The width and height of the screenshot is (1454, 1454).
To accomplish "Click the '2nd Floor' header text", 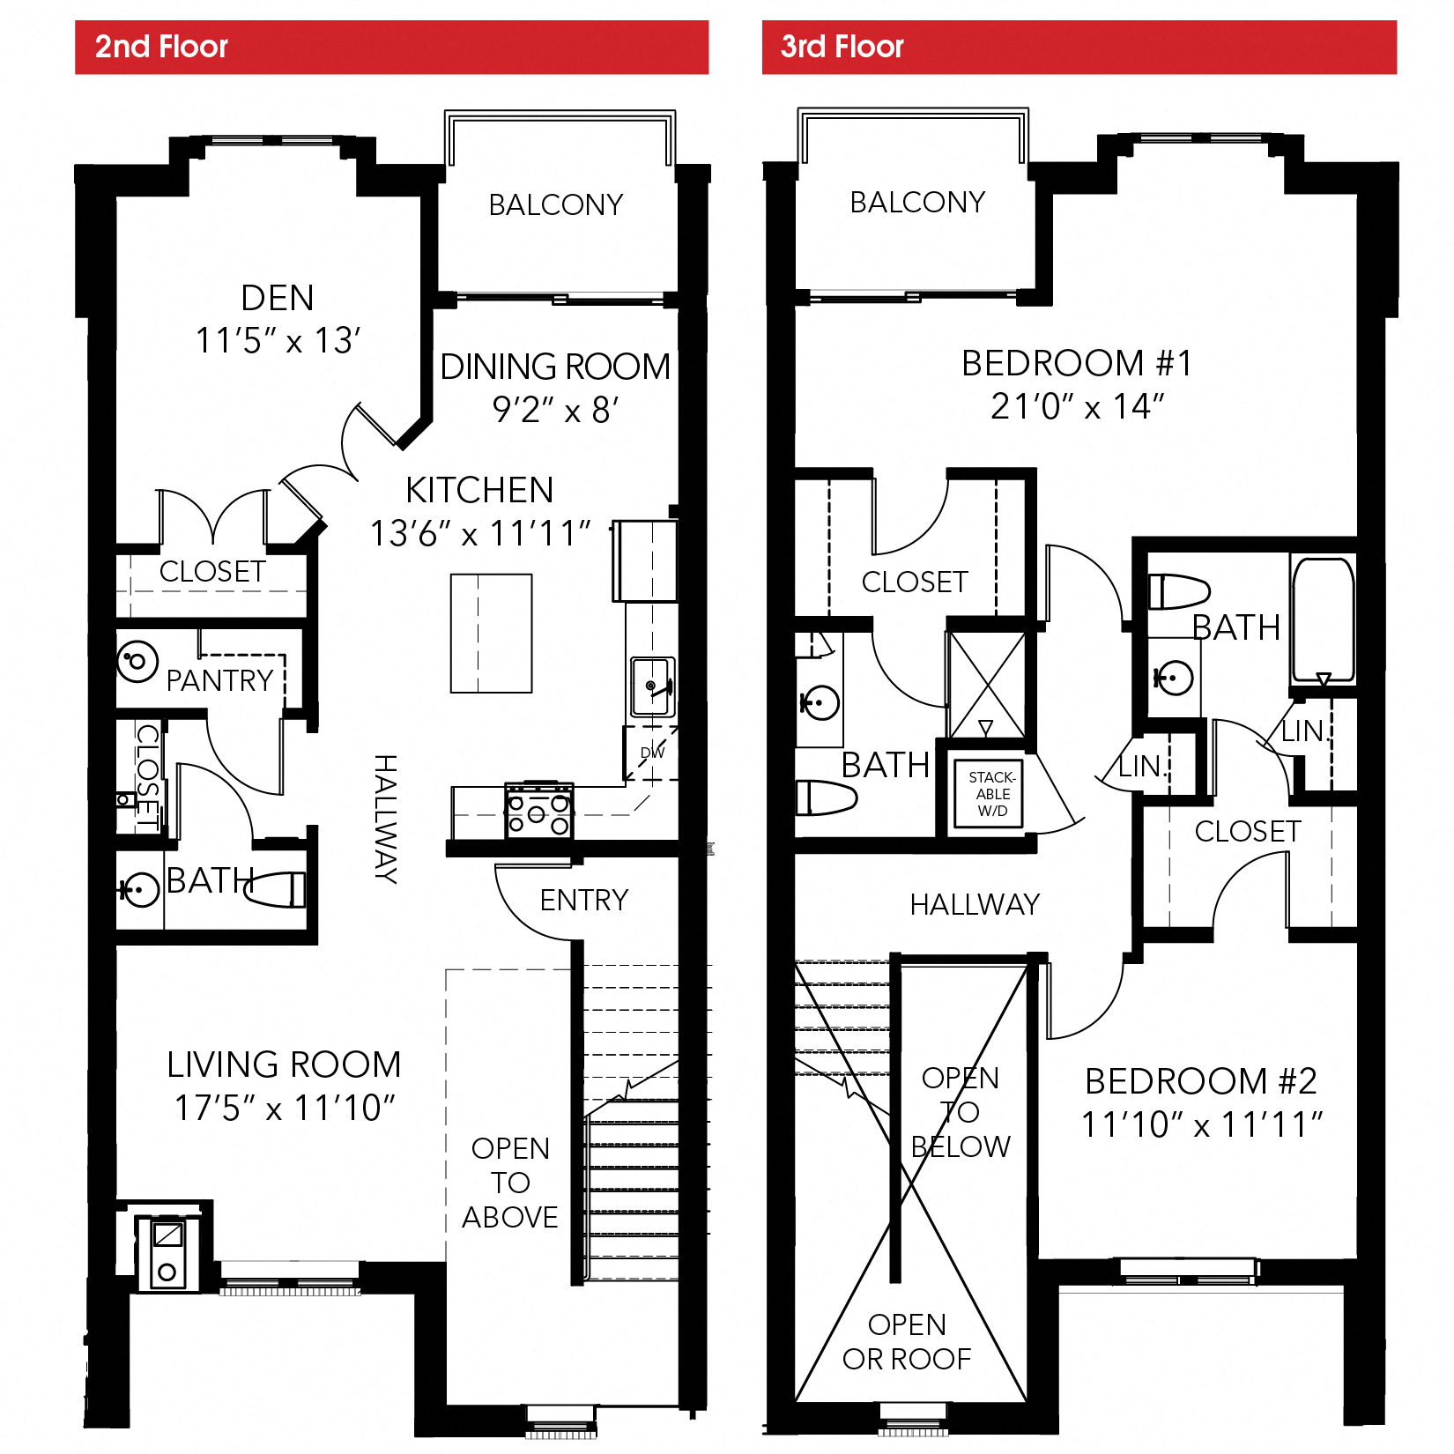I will tap(161, 47).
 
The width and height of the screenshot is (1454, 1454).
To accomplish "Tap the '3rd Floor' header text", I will tap(842, 47).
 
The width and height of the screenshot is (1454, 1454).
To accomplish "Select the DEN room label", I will tap(278, 298).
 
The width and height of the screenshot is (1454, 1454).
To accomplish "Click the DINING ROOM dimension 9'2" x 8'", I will tap(555, 410).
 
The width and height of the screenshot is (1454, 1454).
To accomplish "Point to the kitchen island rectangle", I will tap(491, 633).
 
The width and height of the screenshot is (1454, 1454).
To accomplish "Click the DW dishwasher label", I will tap(652, 753).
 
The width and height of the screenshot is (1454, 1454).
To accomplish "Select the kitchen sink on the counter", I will tap(652, 686).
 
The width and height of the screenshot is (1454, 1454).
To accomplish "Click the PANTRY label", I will tap(219, 680).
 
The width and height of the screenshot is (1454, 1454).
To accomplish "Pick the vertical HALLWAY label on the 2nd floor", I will tap(385, 819).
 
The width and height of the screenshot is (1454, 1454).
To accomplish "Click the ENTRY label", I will tap(584, 900).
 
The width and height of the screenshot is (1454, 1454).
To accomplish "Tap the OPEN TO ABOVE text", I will tap(510, 1183).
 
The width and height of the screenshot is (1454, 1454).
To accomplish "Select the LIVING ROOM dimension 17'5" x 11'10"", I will tap(284, 1108).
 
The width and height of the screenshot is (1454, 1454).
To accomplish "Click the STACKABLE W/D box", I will tap(991, 793).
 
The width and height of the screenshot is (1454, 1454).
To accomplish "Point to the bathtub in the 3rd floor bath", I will tap(1322, 619).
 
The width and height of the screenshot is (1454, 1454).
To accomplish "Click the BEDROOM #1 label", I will tap(1076, 363).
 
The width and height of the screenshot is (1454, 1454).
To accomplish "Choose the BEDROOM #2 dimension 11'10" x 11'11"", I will tap(1201, 1124).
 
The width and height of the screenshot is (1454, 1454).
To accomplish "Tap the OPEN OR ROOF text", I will tap(907, 1341).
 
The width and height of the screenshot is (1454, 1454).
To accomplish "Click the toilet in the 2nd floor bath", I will tap(280, 888).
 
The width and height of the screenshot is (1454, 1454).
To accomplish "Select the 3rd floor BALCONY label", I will tap(917, 202).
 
